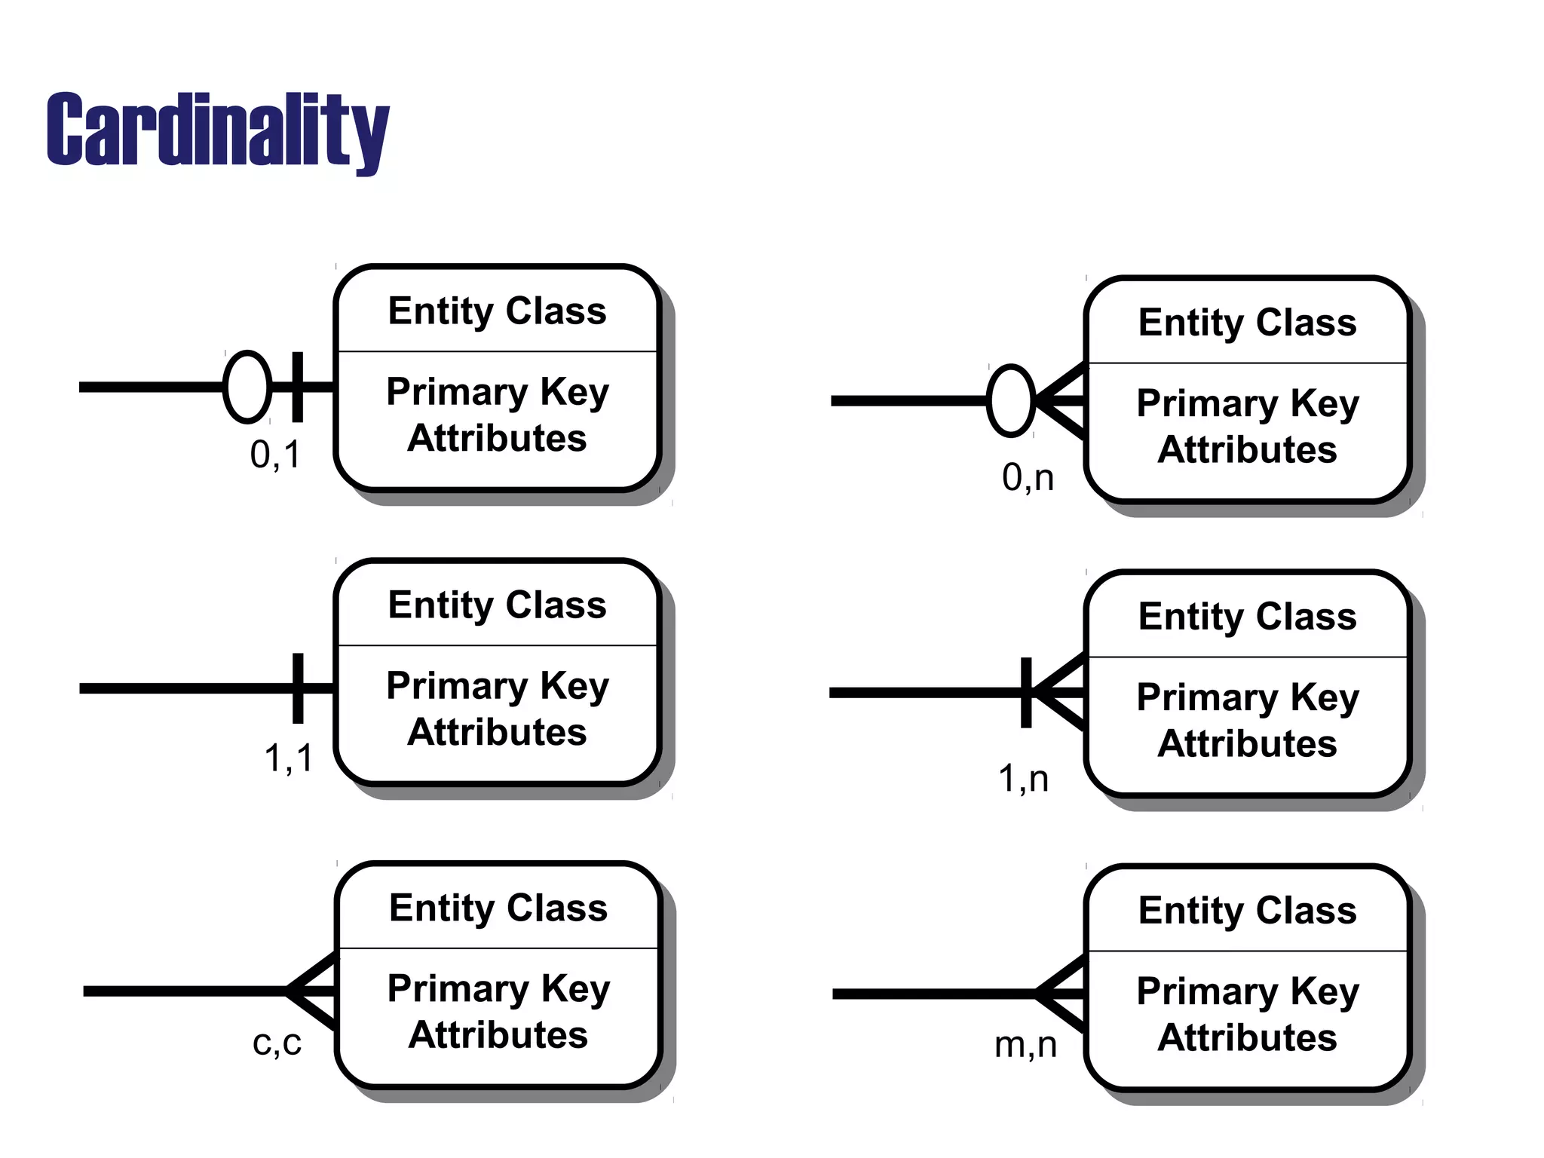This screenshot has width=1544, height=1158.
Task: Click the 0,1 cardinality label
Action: (x=275, y=455)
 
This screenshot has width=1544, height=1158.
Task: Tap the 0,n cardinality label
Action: (x=1028, y=478)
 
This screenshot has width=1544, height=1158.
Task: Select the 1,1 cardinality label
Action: (x=288, y=757)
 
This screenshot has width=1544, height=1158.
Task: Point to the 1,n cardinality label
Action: (x=1023, y=778)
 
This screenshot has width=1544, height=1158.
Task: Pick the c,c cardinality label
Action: (x=277, y=1043)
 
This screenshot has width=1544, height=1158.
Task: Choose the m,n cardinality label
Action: (x=1025, y=1045)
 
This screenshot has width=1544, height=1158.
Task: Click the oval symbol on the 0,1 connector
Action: (x=247, y=387)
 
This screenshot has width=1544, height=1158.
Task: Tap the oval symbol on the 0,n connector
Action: (x=1010, y=401)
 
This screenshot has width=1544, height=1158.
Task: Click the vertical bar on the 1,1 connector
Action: (x=298, y=688)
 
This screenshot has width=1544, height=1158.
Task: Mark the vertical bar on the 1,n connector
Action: (x=1026, y=692)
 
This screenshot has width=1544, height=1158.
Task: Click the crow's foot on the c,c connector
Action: (x=312, y=991)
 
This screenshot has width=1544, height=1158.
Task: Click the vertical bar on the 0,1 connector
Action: (x=298, y=387)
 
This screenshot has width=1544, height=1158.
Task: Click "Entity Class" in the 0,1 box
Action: (x=497, y=311)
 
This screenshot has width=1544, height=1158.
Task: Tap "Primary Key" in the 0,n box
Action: (x=1248, y=403)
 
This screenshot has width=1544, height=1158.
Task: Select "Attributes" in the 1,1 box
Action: (x=497, y=732)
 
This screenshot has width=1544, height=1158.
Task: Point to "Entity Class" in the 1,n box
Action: (x=1248, y=616)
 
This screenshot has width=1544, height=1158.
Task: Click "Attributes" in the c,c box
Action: (x=498, y=1034)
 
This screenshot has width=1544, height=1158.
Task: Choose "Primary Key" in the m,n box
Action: (x=1248, y=991)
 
